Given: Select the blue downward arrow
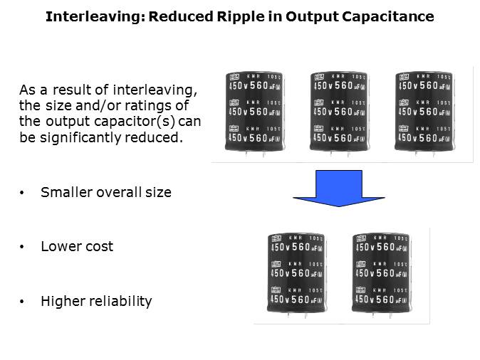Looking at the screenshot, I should coord(339,189).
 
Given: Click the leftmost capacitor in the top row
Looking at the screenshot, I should coord(254,112).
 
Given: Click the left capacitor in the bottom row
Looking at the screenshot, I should coord(296,272).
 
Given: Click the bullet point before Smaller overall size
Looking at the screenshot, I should coord(23,193).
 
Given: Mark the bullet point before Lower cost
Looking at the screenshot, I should coord(23,247).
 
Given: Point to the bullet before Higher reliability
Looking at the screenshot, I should coord(23,302).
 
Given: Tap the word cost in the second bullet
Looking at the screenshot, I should coord(100,247).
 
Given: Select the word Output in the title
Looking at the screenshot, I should coord(314,16).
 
